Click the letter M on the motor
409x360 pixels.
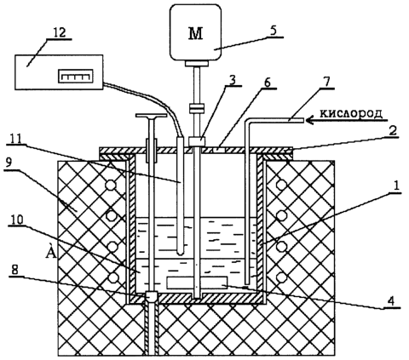(196, 33)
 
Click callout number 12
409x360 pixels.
(60, 32)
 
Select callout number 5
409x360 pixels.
(273, 30)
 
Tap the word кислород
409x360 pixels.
(351, 113)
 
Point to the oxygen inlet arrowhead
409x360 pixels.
(310, 121)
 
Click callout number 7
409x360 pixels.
(326, 82)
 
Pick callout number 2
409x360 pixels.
(392, 131)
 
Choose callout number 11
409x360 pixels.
(16, 139)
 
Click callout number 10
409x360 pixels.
(17, 220)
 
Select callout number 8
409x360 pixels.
(14, 270)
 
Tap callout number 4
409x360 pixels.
(391, 301)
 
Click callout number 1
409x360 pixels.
(396, 186)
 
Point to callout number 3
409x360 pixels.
(233, 80)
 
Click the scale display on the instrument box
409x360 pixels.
(76, 76)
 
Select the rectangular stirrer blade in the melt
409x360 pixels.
(197, 283)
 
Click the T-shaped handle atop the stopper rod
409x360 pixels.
(151, 116)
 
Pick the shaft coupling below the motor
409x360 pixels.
(197, 108)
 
